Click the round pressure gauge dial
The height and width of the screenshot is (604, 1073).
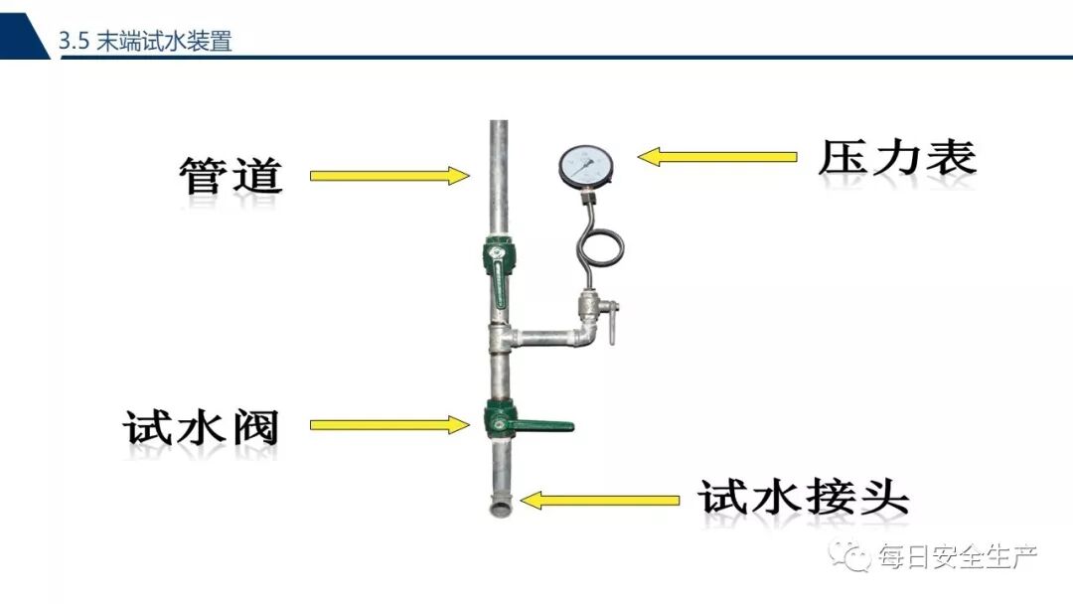pos(585,166)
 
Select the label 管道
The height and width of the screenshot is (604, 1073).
pos(231,176)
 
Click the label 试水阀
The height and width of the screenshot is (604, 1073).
pos(202,428)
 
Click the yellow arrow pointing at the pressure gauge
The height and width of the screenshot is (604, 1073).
pos(716,157)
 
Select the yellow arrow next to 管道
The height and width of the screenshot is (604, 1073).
pos(388,176)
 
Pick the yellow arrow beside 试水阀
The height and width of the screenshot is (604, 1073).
pos(388,425)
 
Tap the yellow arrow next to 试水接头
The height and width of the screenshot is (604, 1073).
pos(600,499)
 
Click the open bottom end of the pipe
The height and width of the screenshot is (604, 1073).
pos(499,510)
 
